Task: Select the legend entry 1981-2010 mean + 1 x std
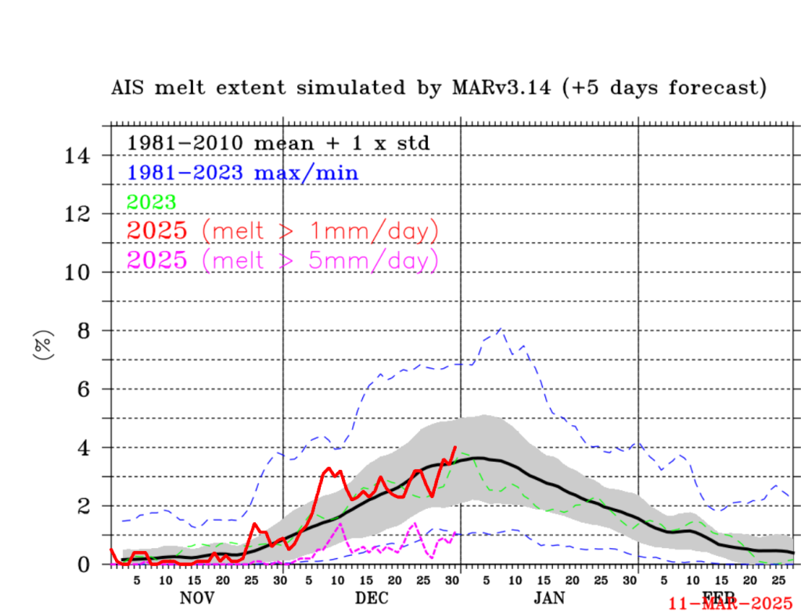point(278,144)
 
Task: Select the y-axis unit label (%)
point(43,345)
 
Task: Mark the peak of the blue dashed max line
point(500,329)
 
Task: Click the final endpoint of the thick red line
point(455,447)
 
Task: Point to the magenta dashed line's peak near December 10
point(339,524)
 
